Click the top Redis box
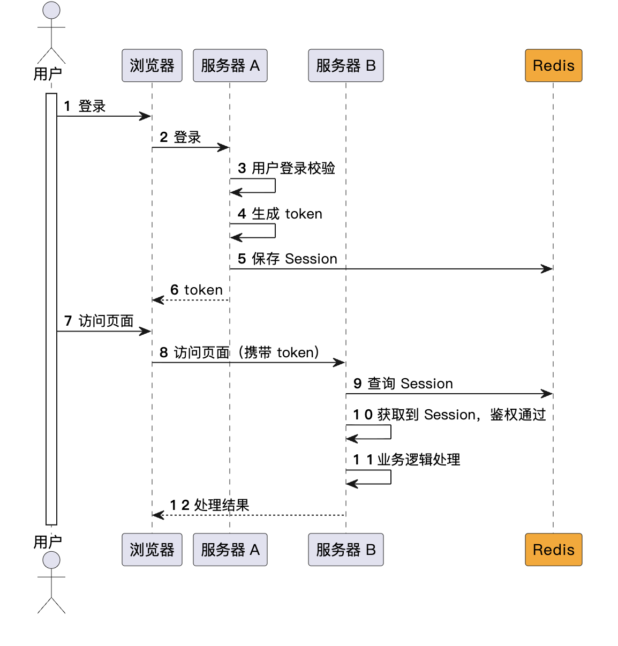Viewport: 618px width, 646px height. [553, 65]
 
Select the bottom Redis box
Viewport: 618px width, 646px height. [553, 550]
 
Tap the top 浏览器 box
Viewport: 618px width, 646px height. [152, 65]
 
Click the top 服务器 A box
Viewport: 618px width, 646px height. [230, 65]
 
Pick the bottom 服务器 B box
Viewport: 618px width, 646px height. [345, 550]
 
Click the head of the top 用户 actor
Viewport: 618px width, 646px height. [51, 10]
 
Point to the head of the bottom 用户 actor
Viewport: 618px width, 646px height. [51, 560]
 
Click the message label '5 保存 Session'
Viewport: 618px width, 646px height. [288, 259]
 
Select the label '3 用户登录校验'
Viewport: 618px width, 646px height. [287, 168]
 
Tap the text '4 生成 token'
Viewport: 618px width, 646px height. [280, 213]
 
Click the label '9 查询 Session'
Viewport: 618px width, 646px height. [403, 384]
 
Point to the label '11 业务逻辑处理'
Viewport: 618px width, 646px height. [406, 460]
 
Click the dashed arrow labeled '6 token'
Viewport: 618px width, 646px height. [191, 300]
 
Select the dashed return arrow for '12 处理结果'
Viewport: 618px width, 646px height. [249, 515]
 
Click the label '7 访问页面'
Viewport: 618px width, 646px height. [99, 321]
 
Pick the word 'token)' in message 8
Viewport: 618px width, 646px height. [298, 352]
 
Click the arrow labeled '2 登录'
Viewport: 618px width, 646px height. [191, 147]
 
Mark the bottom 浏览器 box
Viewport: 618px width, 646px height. [152, 550]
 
